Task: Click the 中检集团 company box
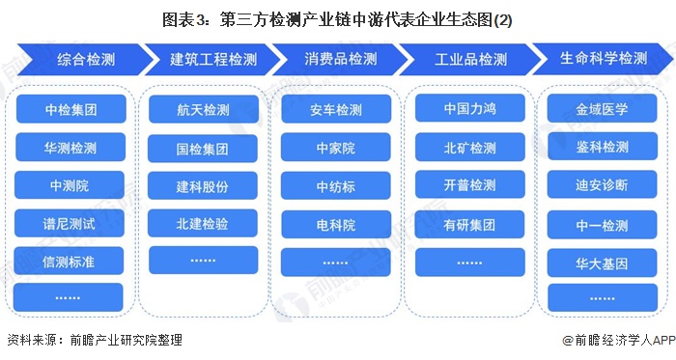[70, 109]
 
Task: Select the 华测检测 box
[70, 147]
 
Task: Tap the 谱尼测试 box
[70, 222]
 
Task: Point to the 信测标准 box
[70, 260]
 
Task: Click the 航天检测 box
[203, 109]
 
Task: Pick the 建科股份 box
[203, 184]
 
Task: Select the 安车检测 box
[336, 109]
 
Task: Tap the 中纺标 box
[336, 184]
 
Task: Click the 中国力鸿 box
[469, 109]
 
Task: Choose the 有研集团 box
[469, 224]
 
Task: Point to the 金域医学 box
[602, 109]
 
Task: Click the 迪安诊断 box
[602, 184]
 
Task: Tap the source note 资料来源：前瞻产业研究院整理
[94, 341]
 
